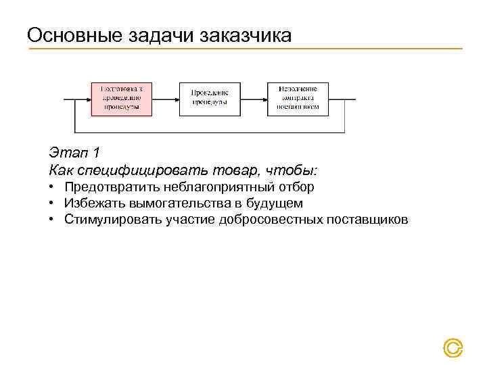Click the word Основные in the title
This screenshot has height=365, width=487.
click(73, 35)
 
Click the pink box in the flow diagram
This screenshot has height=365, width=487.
click(121, 99)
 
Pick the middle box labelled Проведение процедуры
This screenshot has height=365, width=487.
click(210, 99)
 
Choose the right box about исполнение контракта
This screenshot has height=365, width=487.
click(298, 99)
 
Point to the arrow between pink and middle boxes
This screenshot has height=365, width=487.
click(165, 99)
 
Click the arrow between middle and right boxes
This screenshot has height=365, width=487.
click(254, 99)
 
